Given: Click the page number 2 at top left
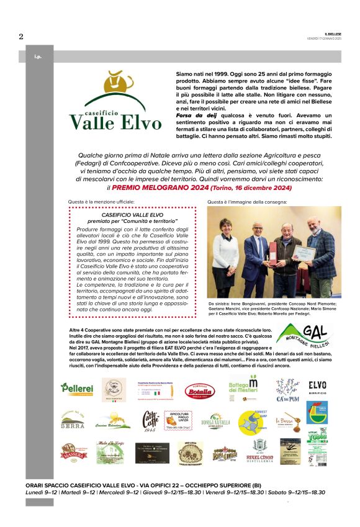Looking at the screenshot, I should (x=21, y=36).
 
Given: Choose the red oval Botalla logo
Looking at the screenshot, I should (x=199, y=390).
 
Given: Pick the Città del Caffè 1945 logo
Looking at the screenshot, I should (x=150, y=421).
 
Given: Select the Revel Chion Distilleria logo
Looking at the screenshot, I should (x=263, y=450).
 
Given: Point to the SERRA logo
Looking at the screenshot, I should (x=73, y=422).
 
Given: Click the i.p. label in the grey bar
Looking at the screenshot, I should (x=38, y=56).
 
